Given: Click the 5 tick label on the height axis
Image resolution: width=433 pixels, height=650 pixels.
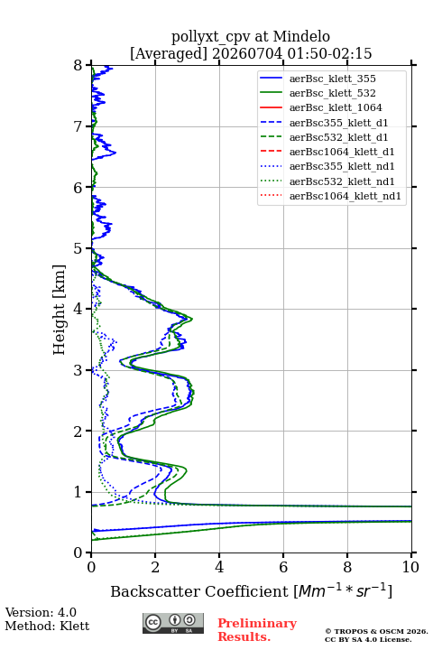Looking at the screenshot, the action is pos(78,248).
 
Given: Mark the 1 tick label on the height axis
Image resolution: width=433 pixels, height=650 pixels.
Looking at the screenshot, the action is pos(78,492).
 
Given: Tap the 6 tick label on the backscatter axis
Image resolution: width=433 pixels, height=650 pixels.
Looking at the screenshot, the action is pos(283,567).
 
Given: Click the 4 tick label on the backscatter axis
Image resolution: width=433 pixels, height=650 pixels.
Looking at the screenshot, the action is pos(219,567).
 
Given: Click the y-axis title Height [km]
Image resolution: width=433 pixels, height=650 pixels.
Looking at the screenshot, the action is pos(59,310).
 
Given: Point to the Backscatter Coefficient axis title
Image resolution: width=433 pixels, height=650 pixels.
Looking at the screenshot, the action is pos(251,590).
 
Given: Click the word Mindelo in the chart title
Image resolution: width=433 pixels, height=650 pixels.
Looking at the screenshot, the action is pos(301,37).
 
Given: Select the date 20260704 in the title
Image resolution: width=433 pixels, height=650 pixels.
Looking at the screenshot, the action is pos(247,54).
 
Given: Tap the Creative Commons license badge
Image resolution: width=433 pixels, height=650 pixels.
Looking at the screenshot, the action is pos(173,623).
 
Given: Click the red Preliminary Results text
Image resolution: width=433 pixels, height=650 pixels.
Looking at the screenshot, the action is pos(257,630).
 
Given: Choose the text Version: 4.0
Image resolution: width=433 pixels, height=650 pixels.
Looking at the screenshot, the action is pos(41,612).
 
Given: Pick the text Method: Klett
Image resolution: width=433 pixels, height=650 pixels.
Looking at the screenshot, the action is pos(47,626).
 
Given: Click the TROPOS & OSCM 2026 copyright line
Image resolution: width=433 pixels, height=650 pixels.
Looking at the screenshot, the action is pos(376,631).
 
